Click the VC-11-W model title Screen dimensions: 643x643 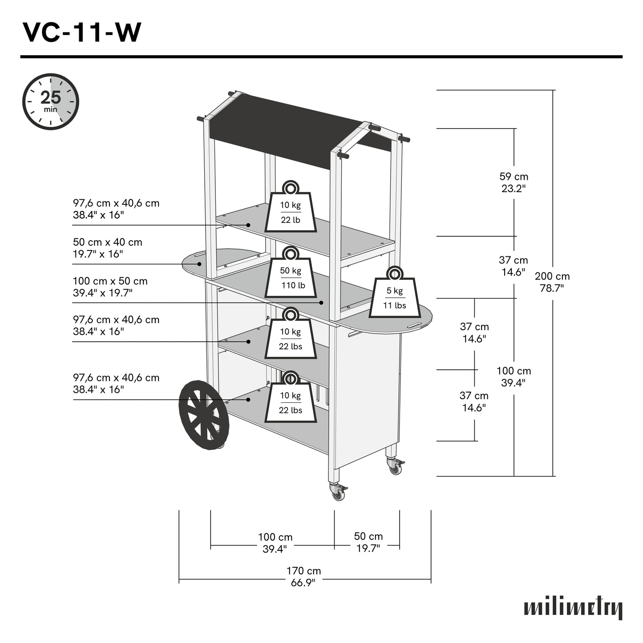pos(82,32)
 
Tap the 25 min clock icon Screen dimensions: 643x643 pos(51,102)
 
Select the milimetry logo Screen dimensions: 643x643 pos(573,608)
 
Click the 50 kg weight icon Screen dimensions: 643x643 pos(291,273)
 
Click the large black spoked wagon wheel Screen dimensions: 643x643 pos(204,415)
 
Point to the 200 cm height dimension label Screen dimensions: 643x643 pos(552,282)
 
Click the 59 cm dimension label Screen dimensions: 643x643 pos(514,182)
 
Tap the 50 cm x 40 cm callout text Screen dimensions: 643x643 pos(108,248)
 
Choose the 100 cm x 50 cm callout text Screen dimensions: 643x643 pos(110,287)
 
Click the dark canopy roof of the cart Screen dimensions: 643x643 pos(289,127)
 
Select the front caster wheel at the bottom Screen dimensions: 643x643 pos(338,492)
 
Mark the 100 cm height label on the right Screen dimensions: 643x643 pos(514,376)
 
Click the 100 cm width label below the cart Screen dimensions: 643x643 pos(275,543)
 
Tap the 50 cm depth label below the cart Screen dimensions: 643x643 pos(368,542)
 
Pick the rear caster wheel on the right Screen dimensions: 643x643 pos(395,467)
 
